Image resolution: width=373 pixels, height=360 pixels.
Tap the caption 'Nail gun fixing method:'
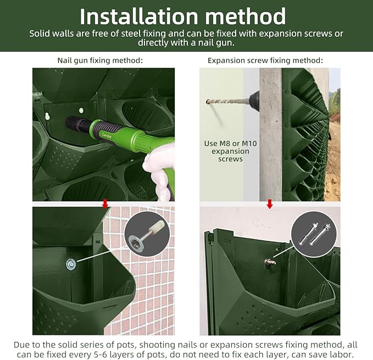[100, 60]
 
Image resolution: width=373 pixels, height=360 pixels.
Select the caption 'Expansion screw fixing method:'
[265, 60]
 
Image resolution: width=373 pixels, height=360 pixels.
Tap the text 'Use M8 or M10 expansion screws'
[227, 151]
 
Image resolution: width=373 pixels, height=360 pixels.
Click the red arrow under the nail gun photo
[105, 204]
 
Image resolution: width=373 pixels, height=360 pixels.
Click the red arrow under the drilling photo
[269, 204]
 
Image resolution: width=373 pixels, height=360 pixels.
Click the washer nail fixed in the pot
[71, 265]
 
